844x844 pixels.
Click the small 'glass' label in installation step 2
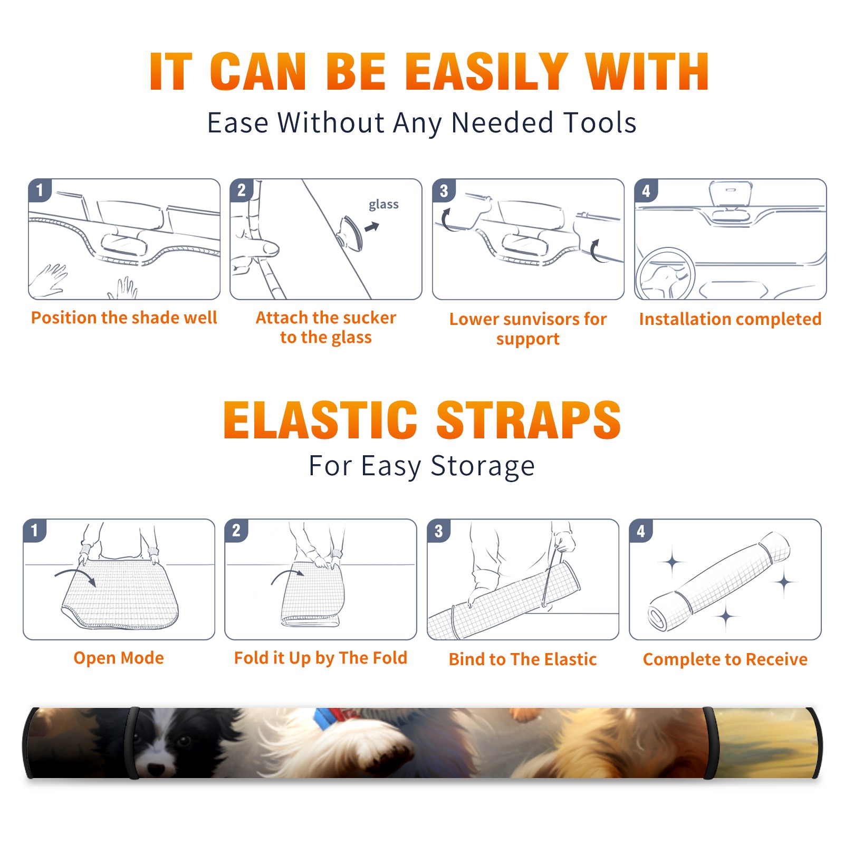pos(383,205)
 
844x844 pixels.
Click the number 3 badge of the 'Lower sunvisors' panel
pos(444,191)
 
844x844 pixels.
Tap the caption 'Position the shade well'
pos(124,318)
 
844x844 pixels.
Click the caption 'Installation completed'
pos(730,319)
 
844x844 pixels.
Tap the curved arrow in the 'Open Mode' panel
pos(75,577)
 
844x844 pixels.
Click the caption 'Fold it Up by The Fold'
pos(321,658)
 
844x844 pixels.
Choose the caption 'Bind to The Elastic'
pos(522,659)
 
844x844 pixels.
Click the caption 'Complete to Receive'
pos(725,659)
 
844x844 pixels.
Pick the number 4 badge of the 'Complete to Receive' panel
pos(641,531)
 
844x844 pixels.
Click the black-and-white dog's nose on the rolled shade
pos(156,768)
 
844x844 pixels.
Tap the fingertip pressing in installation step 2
pos(270,247)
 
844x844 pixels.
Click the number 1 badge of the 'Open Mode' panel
pos(35,531)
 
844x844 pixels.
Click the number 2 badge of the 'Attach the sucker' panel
pos(242,191)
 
